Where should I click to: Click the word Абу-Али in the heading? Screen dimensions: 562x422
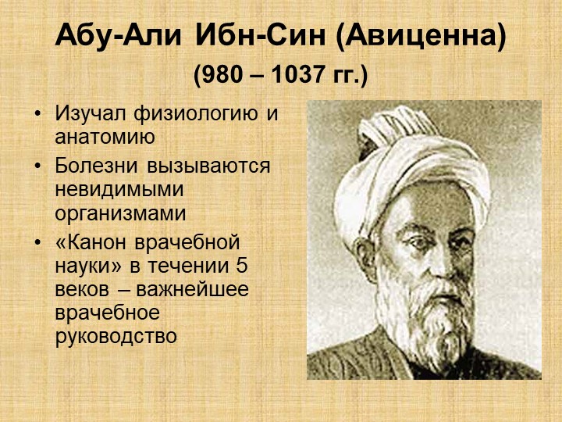click(119, 37)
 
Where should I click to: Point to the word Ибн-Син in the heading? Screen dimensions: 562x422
click(260, 37)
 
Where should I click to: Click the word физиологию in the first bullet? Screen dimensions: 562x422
click(196, 115)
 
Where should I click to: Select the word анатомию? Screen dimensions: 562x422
click(105, 137)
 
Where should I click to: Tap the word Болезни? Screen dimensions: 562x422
click(97, 166)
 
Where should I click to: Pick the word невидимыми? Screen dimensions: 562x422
click(119, 189)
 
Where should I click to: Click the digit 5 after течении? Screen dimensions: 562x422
click(242, 266)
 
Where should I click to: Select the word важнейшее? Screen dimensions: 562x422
click(193, 290)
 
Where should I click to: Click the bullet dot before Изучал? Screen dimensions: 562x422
click(37, 114)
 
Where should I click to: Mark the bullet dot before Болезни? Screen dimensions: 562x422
click(37, 166)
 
